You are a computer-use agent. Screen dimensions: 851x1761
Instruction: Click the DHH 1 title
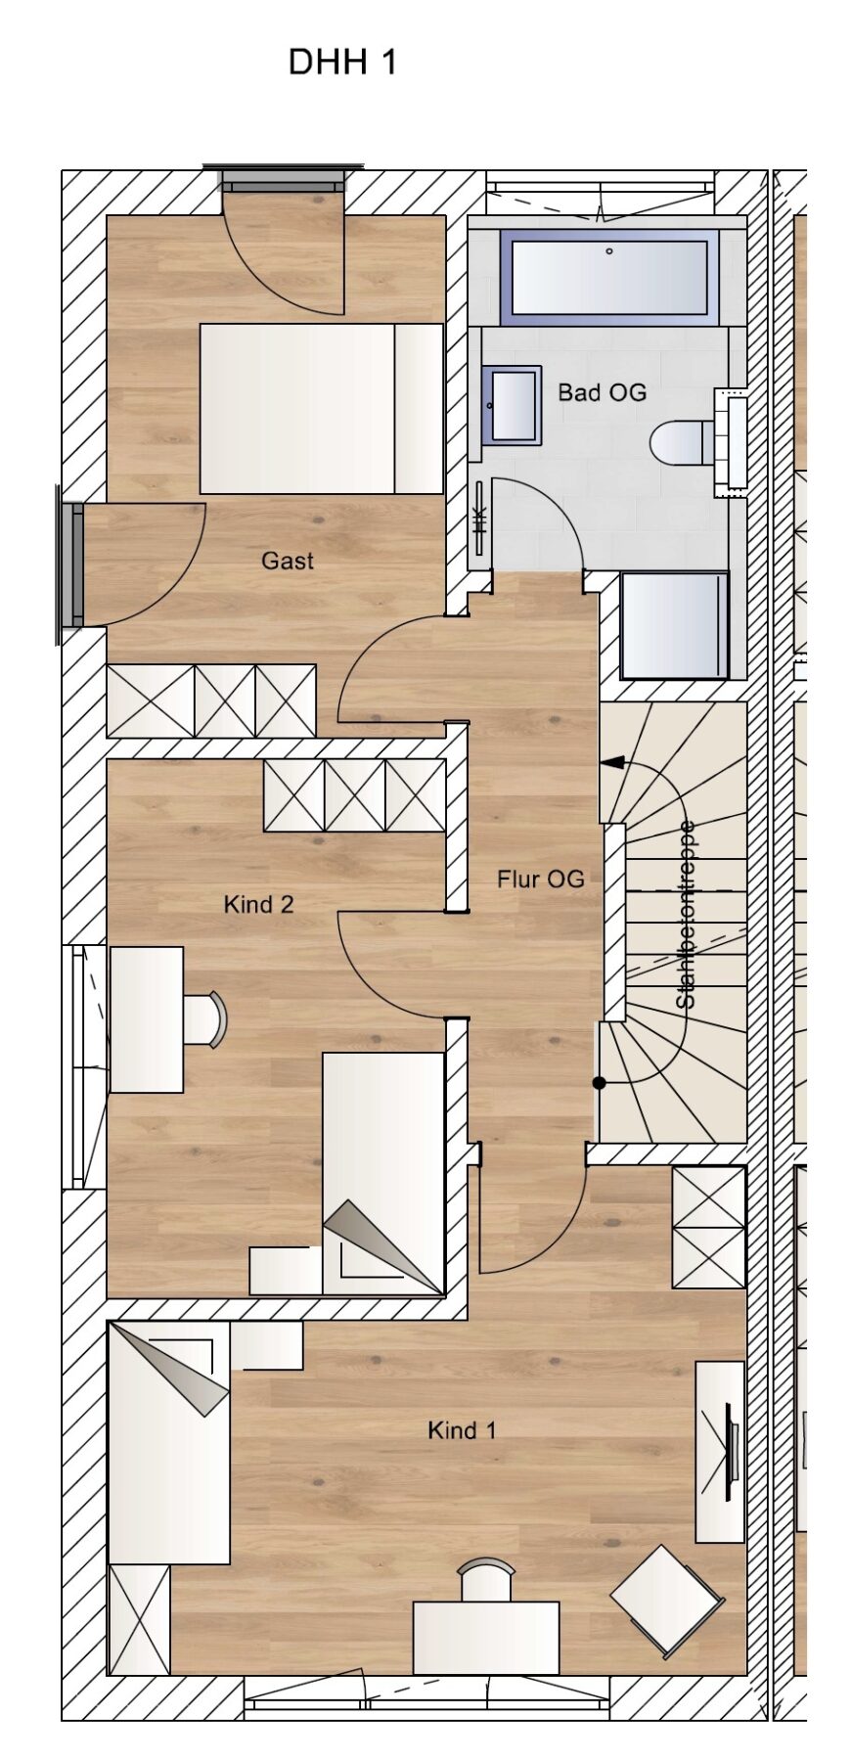point(342,63)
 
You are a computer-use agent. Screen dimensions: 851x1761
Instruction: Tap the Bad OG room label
point(602,392)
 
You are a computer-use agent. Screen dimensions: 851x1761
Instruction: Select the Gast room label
point(288,561)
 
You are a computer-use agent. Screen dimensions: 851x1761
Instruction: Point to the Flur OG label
point(540,879)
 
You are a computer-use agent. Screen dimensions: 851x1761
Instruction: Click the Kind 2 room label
point(258,904)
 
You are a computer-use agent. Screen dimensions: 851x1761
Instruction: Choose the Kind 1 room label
point(462,1430)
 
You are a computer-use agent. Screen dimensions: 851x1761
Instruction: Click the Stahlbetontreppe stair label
point(687,914)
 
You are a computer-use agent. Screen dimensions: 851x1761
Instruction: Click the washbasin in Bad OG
point(512,405)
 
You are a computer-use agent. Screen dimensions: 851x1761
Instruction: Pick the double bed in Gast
point(322,409)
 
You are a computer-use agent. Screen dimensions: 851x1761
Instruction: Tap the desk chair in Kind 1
point(487,1581)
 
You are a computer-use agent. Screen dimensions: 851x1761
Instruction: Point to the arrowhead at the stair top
point(613,761)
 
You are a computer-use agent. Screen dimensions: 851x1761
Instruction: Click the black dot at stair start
point(599,1083)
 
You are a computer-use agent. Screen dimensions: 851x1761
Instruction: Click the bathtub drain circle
point(609,251)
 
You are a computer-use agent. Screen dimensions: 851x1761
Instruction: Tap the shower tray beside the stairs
point(675,626)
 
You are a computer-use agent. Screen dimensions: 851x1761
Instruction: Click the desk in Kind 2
point(147,1019)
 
